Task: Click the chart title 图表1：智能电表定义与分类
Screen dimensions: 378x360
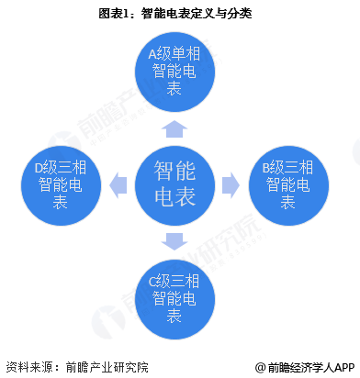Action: click(180, 14)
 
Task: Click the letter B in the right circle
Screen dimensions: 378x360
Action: click(266, 166)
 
